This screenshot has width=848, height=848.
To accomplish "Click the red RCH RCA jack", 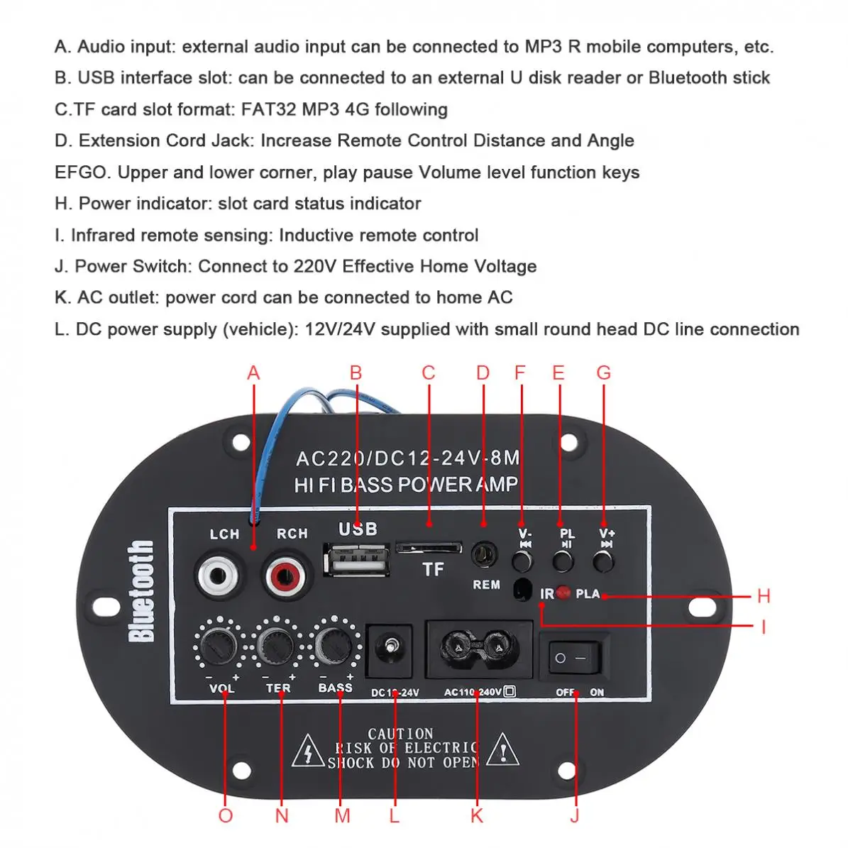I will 286,576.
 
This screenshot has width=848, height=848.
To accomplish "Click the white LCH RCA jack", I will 218,576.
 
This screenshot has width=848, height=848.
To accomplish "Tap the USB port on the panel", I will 356,560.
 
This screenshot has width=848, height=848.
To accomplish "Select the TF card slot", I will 429,547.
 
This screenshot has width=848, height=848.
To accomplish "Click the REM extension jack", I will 485,556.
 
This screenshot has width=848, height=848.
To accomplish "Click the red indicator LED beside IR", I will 563,593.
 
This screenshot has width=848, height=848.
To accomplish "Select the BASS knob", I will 332,643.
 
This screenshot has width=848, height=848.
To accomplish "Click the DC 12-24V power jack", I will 388,649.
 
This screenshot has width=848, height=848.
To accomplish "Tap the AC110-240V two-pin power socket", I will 478,647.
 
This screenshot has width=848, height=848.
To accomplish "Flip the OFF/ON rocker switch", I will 573,658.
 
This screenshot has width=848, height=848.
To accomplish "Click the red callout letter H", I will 764,596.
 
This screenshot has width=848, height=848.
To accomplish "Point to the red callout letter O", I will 226,815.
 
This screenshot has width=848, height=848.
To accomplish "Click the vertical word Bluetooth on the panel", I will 141,591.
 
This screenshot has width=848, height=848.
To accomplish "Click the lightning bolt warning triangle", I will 308,751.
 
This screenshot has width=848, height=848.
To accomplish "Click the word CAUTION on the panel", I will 400,734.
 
